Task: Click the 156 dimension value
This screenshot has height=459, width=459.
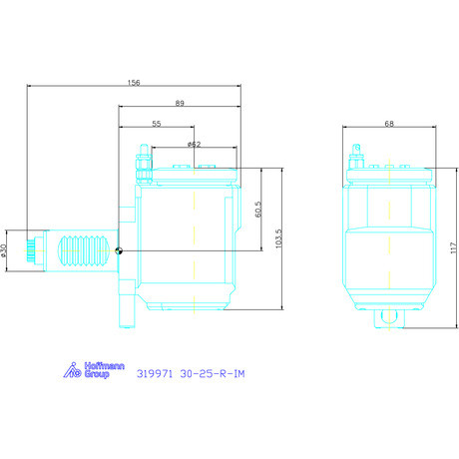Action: (x=134, y=82)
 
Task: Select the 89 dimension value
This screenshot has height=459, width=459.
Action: (x=180, y=103)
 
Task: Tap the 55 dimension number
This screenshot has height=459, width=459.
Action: (x=157, y=124)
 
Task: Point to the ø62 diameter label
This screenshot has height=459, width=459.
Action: (x=195, y=145)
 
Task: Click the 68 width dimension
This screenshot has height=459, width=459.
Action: (x=389, y=124)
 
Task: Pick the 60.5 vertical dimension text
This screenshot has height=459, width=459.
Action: (x=258, y=210)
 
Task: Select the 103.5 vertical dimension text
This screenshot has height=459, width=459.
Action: (x=278, y=238)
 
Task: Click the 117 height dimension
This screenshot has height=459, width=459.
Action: (x=454, y=247)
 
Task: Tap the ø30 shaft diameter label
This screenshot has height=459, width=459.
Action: (x=3, y=250)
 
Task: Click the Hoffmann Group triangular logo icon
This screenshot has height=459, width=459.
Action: (x=72, y=370)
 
